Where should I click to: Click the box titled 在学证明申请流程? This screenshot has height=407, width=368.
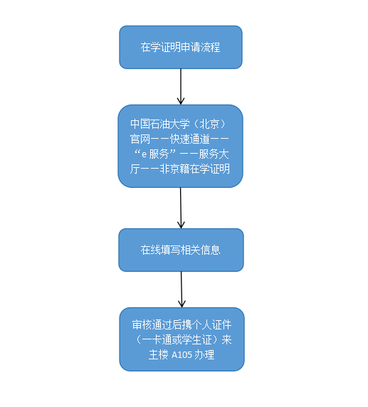[x=180, y=48]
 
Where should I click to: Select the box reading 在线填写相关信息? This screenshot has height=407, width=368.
[x=180, y=250]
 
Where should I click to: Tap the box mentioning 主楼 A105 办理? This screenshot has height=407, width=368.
[x=182, y=339]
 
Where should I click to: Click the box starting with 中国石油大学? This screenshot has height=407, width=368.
[x=180, y=146]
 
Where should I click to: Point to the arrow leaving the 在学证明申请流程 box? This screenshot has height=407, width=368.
[x=181, y=86]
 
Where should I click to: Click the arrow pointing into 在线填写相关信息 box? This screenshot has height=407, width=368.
[x=181, y=208]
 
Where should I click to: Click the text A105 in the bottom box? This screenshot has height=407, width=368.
[x=182, y=354]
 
